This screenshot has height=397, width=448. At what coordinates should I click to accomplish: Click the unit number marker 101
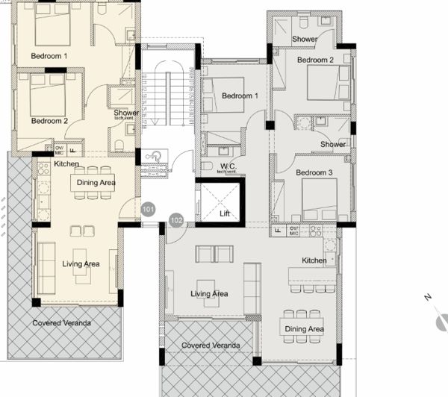point(149,210)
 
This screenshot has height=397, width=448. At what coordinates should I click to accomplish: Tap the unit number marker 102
point(176,220)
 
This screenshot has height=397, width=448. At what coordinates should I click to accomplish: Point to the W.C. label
point(228,166)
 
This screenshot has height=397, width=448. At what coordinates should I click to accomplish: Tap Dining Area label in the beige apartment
point(95,182)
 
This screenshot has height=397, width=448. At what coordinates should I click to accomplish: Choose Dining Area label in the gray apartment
point(302,329)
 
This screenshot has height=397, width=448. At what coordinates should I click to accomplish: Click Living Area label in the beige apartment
point(81,263)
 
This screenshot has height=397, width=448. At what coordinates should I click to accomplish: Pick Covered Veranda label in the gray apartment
point(211,346)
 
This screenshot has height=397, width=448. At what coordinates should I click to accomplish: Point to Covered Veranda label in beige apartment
point(61,323)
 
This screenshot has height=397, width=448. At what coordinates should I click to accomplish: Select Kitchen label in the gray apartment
point(314,260)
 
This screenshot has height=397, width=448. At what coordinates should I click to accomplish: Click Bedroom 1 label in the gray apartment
point(240,96)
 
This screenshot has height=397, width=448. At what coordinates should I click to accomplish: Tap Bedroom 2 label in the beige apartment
point(49,120)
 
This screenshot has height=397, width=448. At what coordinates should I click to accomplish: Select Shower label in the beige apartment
point(126,113)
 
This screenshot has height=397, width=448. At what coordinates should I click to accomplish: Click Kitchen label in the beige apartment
point(66,163)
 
